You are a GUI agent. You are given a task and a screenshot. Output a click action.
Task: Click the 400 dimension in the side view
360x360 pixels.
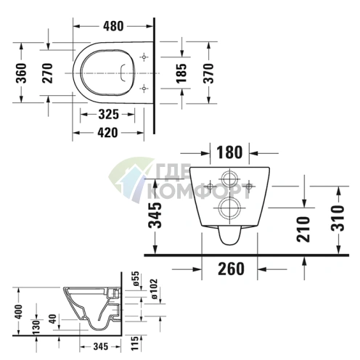17,313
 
